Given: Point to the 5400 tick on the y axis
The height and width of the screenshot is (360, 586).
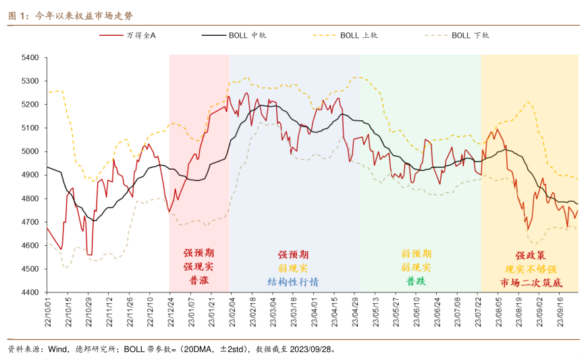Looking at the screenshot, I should [x=31, y=57].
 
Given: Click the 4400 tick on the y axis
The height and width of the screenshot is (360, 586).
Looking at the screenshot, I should [x=31, y=292].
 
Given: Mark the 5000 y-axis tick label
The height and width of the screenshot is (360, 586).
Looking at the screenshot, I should [x=31, y=151].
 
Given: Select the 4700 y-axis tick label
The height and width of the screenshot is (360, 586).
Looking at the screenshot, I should [x=31, y=222].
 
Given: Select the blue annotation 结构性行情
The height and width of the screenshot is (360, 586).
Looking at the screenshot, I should [x=294, y=282].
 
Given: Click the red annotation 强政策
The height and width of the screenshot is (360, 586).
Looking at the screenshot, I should [x=530, y=255].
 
